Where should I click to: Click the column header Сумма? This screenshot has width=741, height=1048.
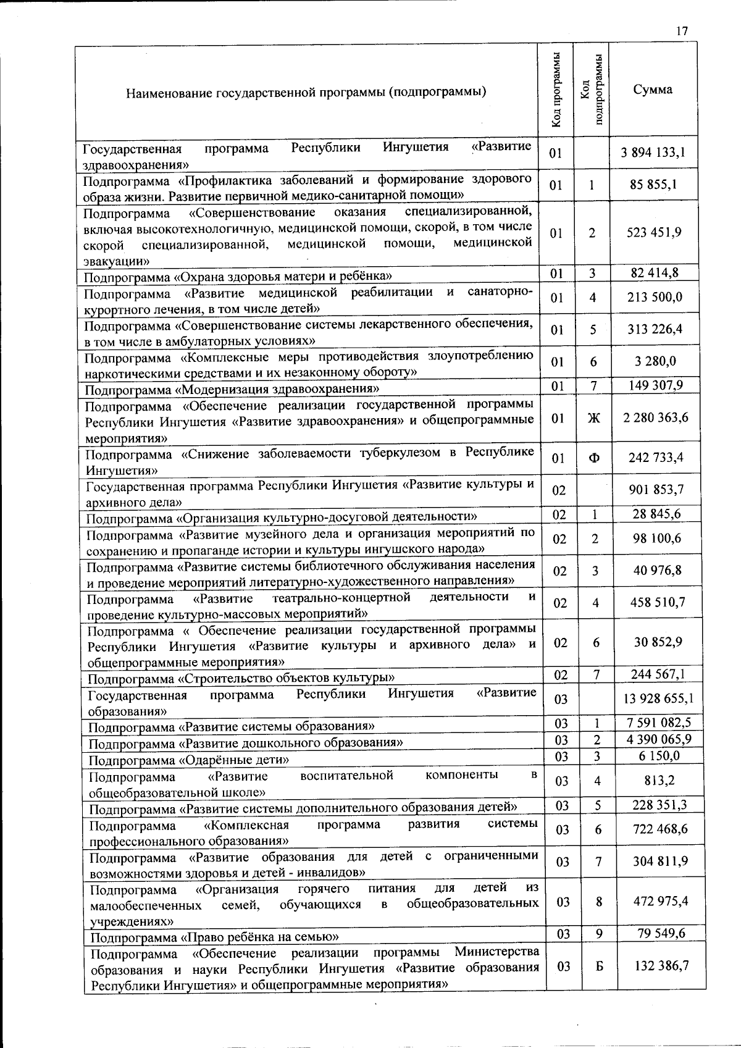pyautogui.click(x=653, y=90)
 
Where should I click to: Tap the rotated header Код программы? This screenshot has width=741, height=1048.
pyautogui.click(x=556, y=90)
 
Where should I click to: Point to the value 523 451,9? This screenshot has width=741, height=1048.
pyautogui.click(x=654, y=233)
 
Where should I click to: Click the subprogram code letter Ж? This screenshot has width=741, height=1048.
pyautogui.click(x=593, y=418)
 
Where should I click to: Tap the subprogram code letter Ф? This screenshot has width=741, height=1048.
pyautogui.click(x=593, y=458)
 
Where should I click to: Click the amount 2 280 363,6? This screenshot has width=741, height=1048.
pyautogui.click(x=656, y=418)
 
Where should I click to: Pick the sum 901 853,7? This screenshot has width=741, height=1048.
pyautogui.click(x=657, y=490)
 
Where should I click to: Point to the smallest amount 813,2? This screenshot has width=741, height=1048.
pyautogui.click(x=659, y=781)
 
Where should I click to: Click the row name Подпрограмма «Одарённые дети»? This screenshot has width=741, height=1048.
pyautogui.click(x=189, y=760)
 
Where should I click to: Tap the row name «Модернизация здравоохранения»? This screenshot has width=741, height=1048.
pyautogui.click(x=232, y=390)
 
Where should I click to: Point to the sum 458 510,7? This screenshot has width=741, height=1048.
pyautogui.click(x=658, y=603)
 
